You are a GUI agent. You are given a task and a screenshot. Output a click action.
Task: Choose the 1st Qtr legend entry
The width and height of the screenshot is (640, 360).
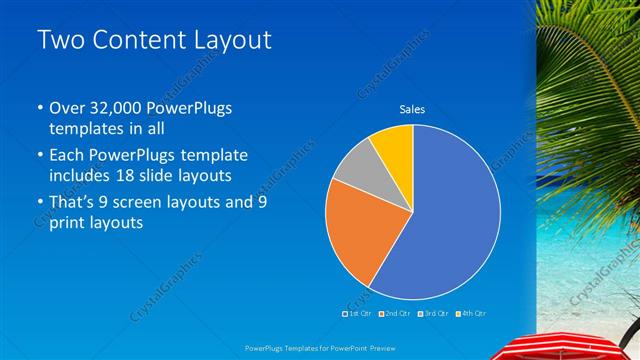point(357,313)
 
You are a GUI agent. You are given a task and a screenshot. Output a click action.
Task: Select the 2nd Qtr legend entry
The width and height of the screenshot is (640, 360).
point(395,313)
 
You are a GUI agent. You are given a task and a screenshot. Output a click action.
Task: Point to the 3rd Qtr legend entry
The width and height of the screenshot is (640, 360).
point(433,313)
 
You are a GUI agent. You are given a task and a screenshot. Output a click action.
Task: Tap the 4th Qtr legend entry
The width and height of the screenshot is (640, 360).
point(471,313)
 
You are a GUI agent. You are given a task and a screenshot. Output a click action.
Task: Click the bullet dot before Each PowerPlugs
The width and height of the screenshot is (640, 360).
point(39,157)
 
